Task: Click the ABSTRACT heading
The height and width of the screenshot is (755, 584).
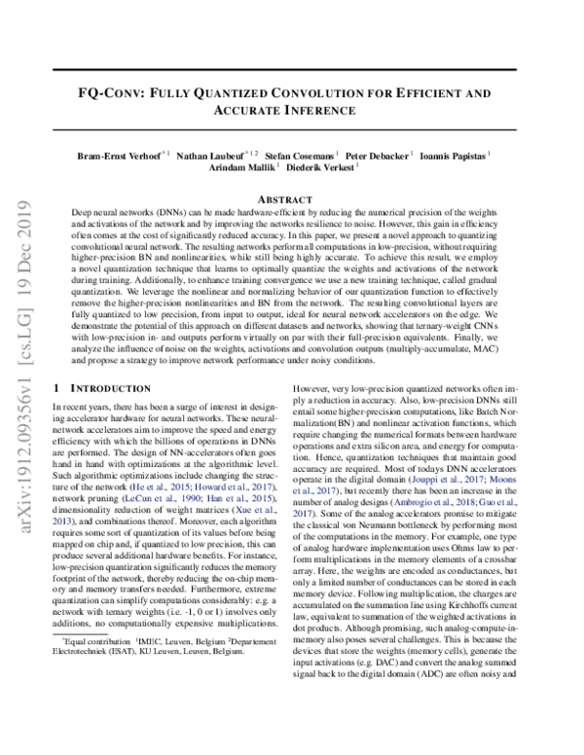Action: pos(291,198)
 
